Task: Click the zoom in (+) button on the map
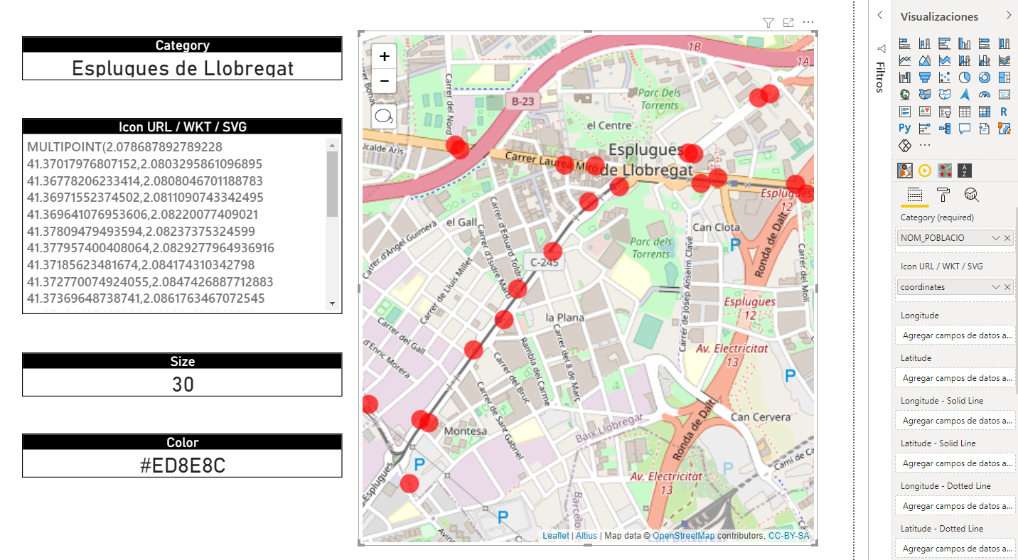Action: (384, 56)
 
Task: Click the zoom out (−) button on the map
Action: (384, 82)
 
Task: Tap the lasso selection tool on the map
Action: (384, 117)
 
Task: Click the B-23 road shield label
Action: (523, 102)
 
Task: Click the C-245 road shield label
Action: (543, 262)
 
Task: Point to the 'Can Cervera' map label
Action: (760, 417)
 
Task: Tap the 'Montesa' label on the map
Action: (465, 431)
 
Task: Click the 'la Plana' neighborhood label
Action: (559, 317)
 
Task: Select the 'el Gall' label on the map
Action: (461, 222)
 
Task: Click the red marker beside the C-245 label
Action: (553, 251)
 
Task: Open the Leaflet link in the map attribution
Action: (555, 536)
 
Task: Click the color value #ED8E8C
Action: (182, 465)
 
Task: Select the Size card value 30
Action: (182, 384)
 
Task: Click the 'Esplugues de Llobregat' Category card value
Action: (182, 68)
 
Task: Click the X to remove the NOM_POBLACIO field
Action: (1007, 238)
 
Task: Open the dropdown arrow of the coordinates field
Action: (995, 287)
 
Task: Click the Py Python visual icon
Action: (904, 129)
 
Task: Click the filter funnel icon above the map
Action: (768, 23)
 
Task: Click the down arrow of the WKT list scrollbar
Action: (332, 303)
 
